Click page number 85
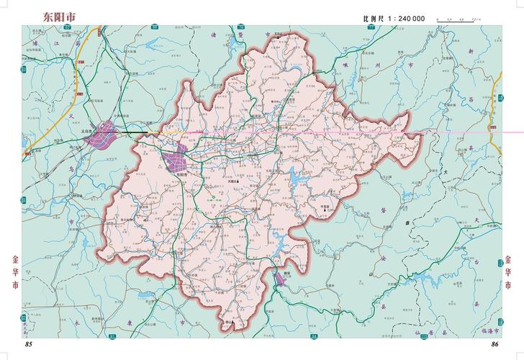tap(30, 346)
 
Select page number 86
tap(494, 346)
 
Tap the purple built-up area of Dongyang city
tap(174, 161)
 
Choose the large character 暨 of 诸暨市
tap(266, 34)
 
